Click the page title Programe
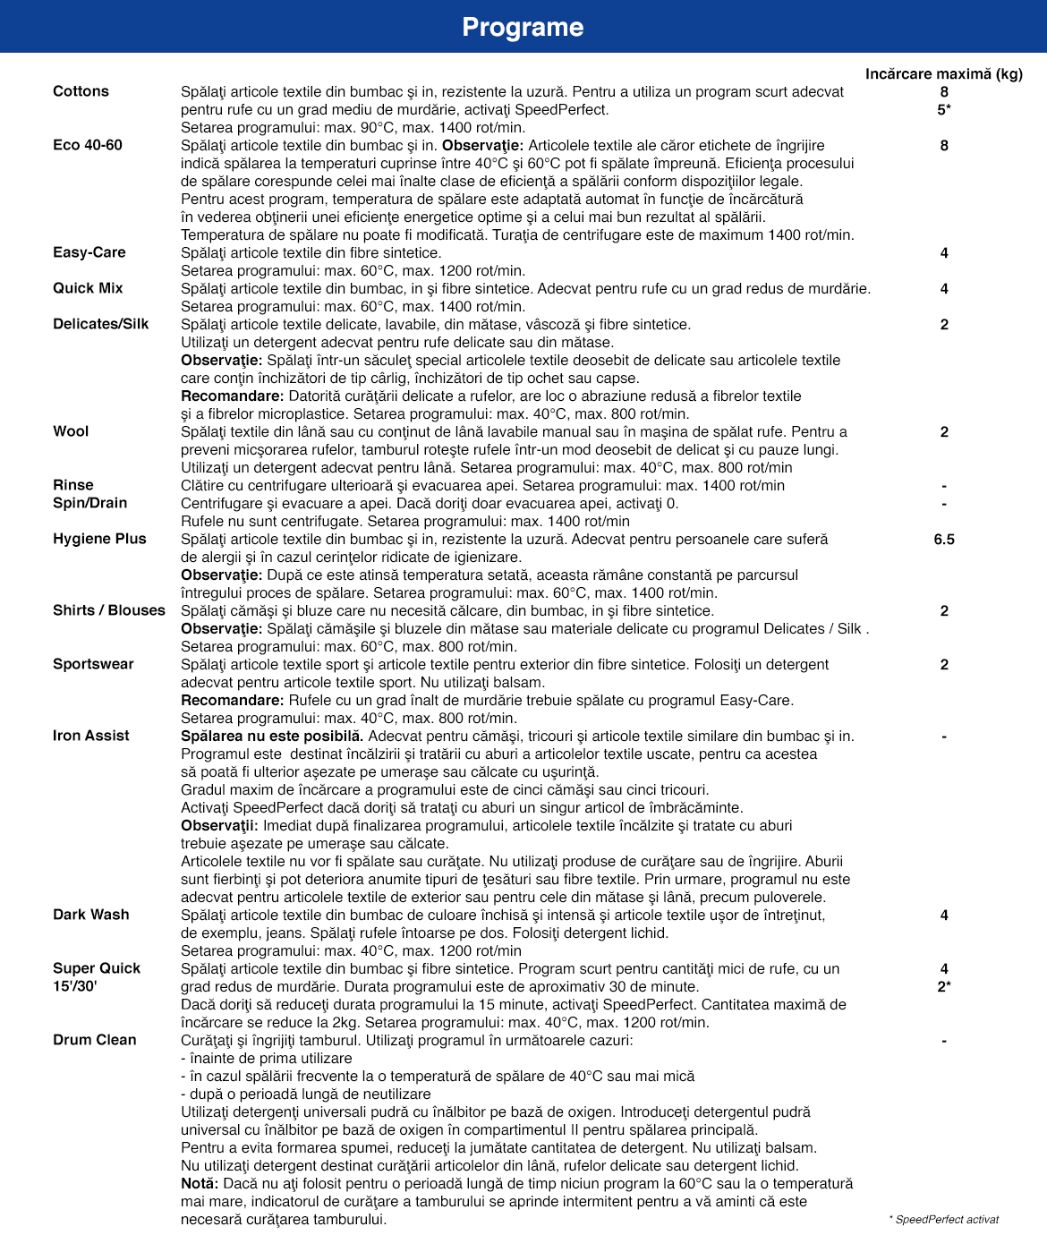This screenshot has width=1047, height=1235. click(x=523, y=28)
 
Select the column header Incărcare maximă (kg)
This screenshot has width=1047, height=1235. click(x=943, y=74)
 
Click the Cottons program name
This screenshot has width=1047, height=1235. click(x=81, y=91)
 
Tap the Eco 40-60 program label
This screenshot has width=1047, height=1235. click(x=88, y=145)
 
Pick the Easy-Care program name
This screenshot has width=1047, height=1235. click(x=89, y=252)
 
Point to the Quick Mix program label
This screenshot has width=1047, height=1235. click(x=88, y=288)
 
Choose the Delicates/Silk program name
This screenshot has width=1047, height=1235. click(x=101, y=324)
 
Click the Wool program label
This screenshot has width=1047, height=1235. click(x=71, y=431)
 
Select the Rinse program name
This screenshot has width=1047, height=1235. click(x=73, y=485)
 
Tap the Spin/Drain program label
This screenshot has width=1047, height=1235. click(x=89, y=503)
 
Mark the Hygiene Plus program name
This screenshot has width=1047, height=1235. click(x=99, y=539)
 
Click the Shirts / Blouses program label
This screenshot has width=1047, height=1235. click(x=109, y=610)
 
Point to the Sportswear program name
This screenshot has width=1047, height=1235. click(x=93, y=664)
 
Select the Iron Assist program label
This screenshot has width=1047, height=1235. click(x=91, y=736)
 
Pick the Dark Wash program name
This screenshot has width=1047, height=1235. click(x=91, y=915)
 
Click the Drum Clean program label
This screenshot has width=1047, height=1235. click(x=95, y=1040)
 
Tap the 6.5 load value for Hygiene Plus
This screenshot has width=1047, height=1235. click(x=944, y=540)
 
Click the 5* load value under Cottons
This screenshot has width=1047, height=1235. click(x=944, y=110)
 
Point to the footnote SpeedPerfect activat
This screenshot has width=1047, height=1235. click(x=946, y=1220)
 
